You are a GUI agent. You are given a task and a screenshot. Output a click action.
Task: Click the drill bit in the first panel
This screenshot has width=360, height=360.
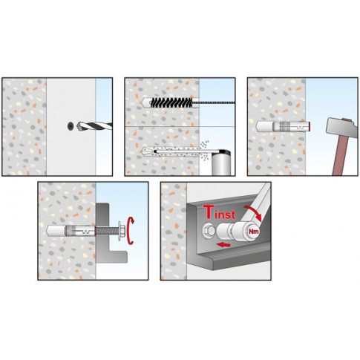[94, 126]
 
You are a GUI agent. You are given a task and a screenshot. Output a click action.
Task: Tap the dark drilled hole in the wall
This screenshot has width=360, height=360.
[71, 126]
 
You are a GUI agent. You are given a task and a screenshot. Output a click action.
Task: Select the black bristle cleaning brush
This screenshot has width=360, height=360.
[171, 102]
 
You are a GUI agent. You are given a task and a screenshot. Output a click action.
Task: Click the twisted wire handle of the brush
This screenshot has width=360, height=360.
[214, 102]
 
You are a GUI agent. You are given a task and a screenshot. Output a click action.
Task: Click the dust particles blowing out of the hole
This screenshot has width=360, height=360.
[204, 150]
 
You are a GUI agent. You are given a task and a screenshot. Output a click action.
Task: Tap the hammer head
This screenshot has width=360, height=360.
[342, 128]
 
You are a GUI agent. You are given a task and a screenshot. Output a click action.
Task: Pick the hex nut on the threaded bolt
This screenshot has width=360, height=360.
[121, 231]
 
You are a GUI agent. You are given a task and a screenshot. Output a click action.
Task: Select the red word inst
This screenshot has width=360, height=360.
[224, 215]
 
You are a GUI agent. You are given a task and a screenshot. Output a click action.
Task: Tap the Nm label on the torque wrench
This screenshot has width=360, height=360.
[254, 232]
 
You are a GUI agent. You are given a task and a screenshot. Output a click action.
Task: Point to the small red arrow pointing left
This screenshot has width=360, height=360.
[223, 245]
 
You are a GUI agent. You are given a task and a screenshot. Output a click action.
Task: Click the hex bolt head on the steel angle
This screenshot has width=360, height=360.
[209, 232]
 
